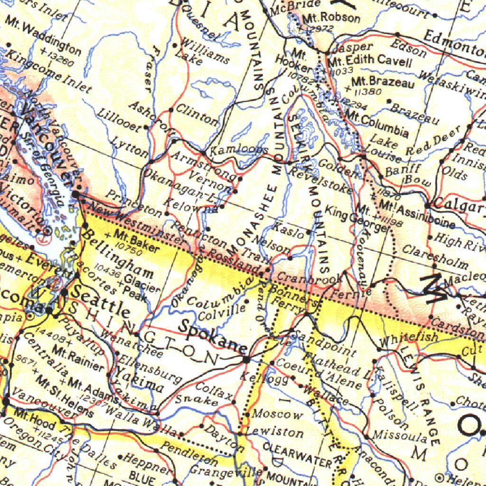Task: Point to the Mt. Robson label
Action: pos(331,19)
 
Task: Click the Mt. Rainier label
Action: pos(78,359)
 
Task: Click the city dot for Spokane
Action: pos(246,360)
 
